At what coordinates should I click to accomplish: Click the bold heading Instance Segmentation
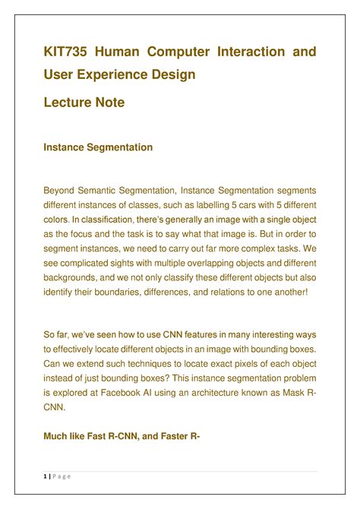[97, 147]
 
